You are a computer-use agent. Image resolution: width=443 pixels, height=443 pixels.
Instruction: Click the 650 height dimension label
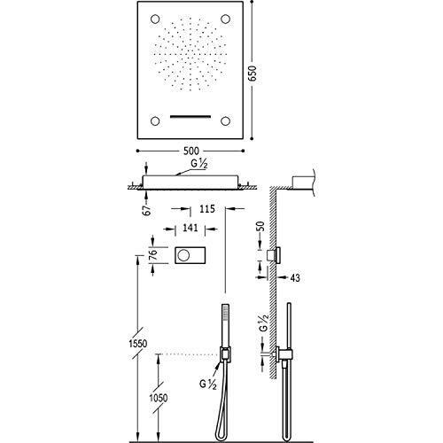253,74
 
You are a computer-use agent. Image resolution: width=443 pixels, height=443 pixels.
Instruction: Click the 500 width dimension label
191,151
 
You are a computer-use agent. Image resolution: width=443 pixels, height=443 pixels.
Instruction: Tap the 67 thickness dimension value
147,210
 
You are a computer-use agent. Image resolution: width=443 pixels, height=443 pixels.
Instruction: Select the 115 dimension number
206,209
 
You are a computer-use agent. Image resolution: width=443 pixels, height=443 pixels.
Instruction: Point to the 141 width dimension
190,228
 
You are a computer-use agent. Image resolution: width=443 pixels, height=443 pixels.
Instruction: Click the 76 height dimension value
153,254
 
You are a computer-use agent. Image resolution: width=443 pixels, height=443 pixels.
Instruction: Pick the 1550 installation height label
138,344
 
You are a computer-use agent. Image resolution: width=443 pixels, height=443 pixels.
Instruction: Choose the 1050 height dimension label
159,398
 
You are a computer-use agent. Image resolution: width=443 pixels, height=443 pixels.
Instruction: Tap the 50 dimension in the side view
260,227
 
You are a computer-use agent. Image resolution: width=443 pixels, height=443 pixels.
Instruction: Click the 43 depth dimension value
294,278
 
